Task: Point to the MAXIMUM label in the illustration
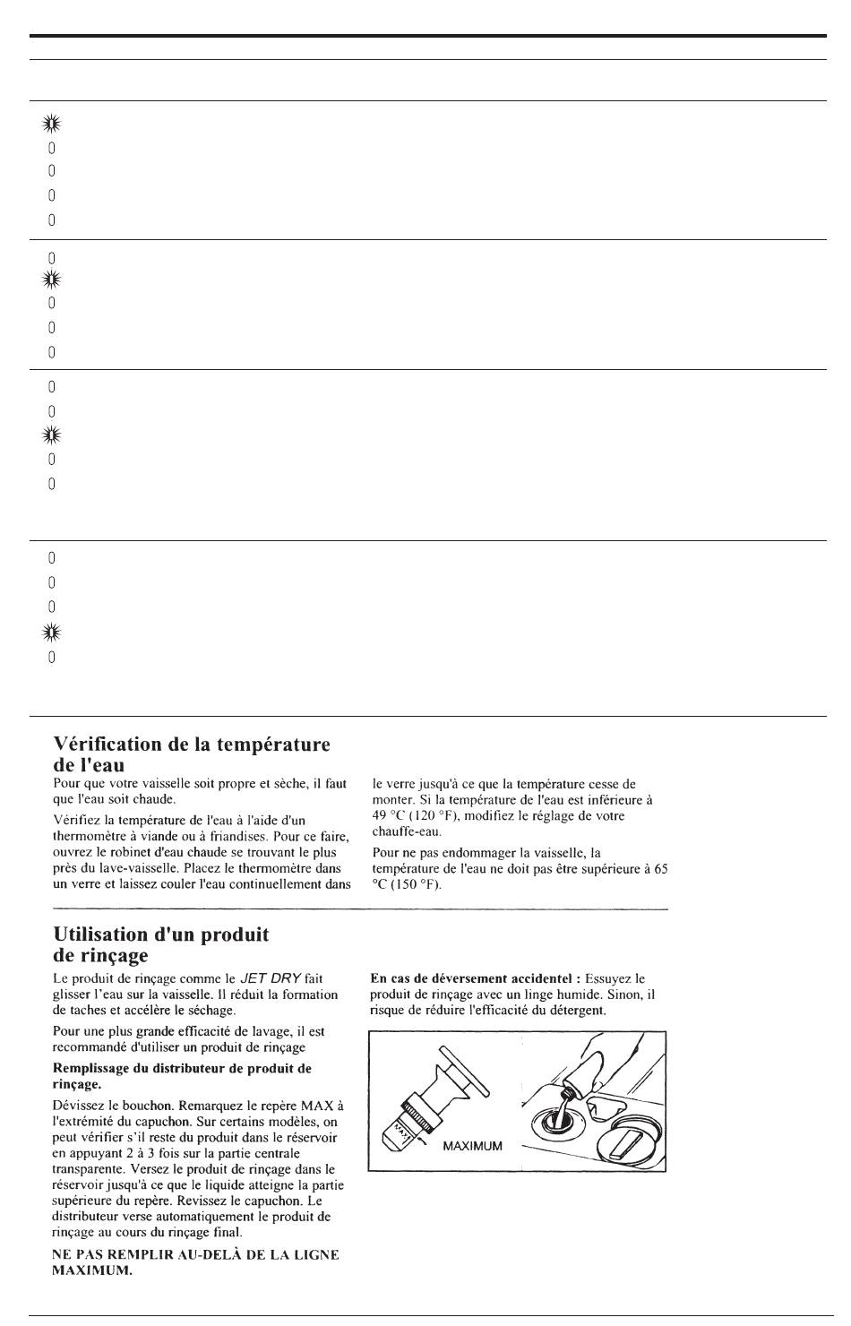tap(473, 1146)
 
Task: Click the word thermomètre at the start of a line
tap(88, 836)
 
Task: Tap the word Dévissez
tap(80, 1105)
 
